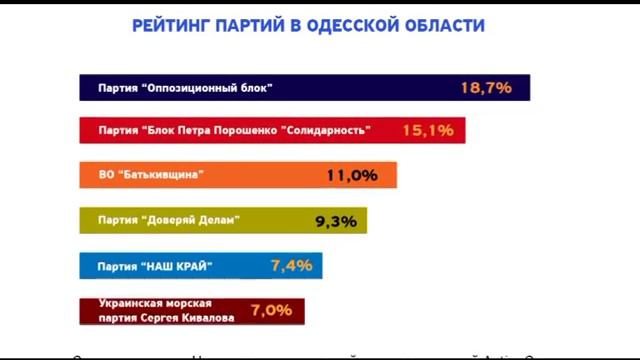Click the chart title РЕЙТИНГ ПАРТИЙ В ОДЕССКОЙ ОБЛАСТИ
click(308, 25)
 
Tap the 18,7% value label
click(486, 88)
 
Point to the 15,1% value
click(428, 131)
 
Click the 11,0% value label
click(352, 175)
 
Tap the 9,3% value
click(336, 221)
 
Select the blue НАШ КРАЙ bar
click(200, 265)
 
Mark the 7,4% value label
click(292, 265)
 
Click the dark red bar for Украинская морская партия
click(191, 310)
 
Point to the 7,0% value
click(272, 310)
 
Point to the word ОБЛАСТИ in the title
click(447, 25)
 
